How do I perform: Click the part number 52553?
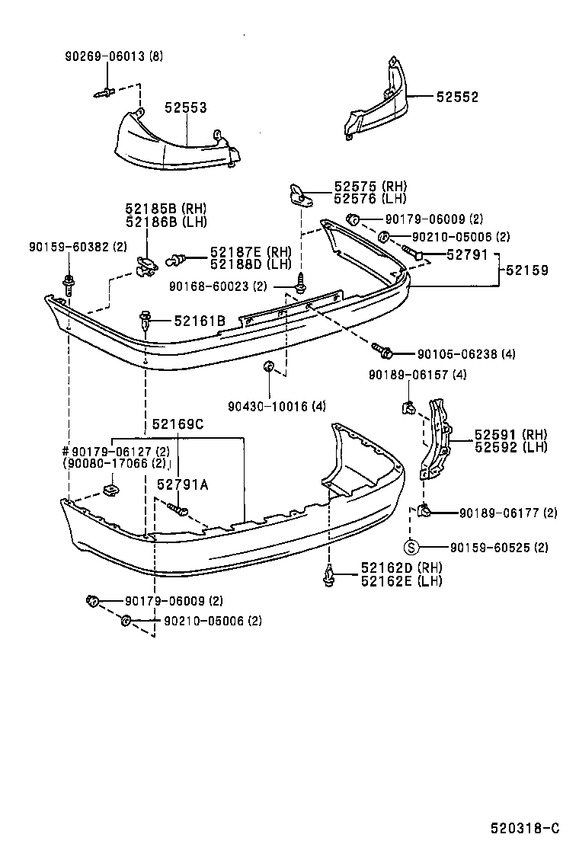186,109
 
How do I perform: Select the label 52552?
457,97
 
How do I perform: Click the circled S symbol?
410,547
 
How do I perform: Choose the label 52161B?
199,321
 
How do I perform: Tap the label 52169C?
178,424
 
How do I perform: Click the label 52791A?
182,484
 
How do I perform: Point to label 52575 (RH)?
360,187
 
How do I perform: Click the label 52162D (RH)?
391,568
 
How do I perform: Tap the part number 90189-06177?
497,513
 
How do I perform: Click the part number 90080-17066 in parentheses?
115,462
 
